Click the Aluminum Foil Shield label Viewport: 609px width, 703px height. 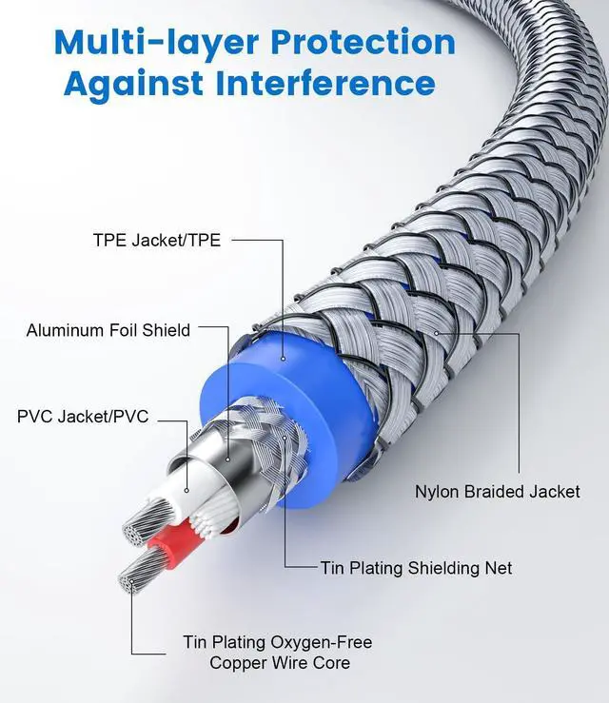click(x=108, y=331)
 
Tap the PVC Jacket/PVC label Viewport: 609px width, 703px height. click(x=83, y=417)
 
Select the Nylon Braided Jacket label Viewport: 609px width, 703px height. click(x=497, y=492)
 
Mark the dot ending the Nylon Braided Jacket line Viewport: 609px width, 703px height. click(x=437, y=334)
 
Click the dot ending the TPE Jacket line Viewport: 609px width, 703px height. click(x=283, y=360)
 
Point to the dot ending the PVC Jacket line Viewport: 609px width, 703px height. click(x=187, y=492)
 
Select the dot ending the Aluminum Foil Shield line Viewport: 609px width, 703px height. click(x=228, y=459)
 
